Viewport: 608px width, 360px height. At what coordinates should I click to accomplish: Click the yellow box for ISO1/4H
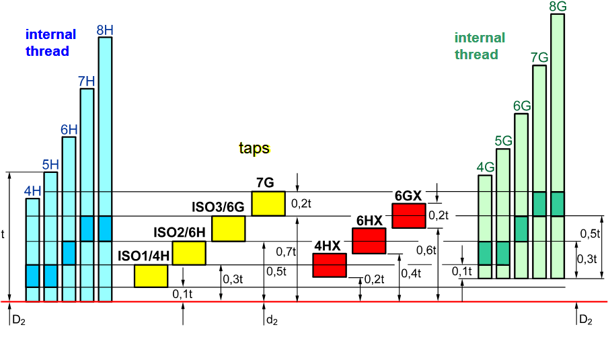click(x=151, y=276)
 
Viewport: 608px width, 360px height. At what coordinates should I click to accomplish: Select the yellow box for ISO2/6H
click(x=189, y=253)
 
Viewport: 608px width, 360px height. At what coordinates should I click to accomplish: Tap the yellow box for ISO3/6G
click(x=228, y=229)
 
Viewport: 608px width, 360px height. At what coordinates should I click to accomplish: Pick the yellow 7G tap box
click(x=268, y=203)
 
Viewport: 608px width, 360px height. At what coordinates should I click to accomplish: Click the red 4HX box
click(x=330, y=265)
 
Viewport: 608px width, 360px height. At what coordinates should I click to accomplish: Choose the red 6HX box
click(x=369, y=241)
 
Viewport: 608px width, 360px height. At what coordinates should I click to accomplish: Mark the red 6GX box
click(x=409, y=215)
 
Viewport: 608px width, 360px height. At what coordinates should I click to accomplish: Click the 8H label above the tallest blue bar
click(x=104, y=30)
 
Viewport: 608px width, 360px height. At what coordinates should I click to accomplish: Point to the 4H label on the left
click(x=32, y=191)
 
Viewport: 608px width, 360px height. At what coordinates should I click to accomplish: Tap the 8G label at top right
click(x=557, y=7)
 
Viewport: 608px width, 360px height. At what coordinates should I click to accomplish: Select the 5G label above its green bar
click(x=503, y=141)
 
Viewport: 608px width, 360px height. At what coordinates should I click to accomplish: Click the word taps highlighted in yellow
click(x=254, y=148)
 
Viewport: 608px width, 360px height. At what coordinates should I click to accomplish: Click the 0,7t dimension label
click(x=285, y=252)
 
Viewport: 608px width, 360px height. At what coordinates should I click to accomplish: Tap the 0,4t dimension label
click(x=410, y=273)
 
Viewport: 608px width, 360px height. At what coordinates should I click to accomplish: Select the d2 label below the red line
click(x=271, y=320)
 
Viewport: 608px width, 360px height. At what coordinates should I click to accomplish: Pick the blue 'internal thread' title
click(x=50, y=42)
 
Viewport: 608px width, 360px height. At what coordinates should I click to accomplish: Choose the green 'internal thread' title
click(x=479, y=46)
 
